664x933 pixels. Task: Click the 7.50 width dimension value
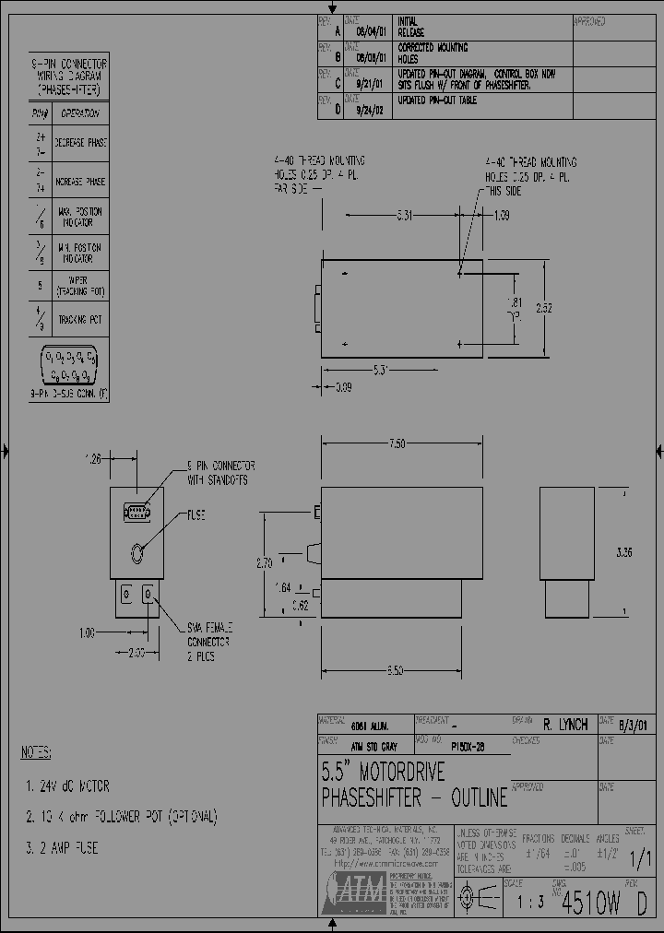point(397,443)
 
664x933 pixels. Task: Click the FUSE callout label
point(197,514)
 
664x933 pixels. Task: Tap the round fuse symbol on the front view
point(137,553)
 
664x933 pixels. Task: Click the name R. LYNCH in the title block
point(566,726)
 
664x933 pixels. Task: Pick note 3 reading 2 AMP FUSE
point(62,847)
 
